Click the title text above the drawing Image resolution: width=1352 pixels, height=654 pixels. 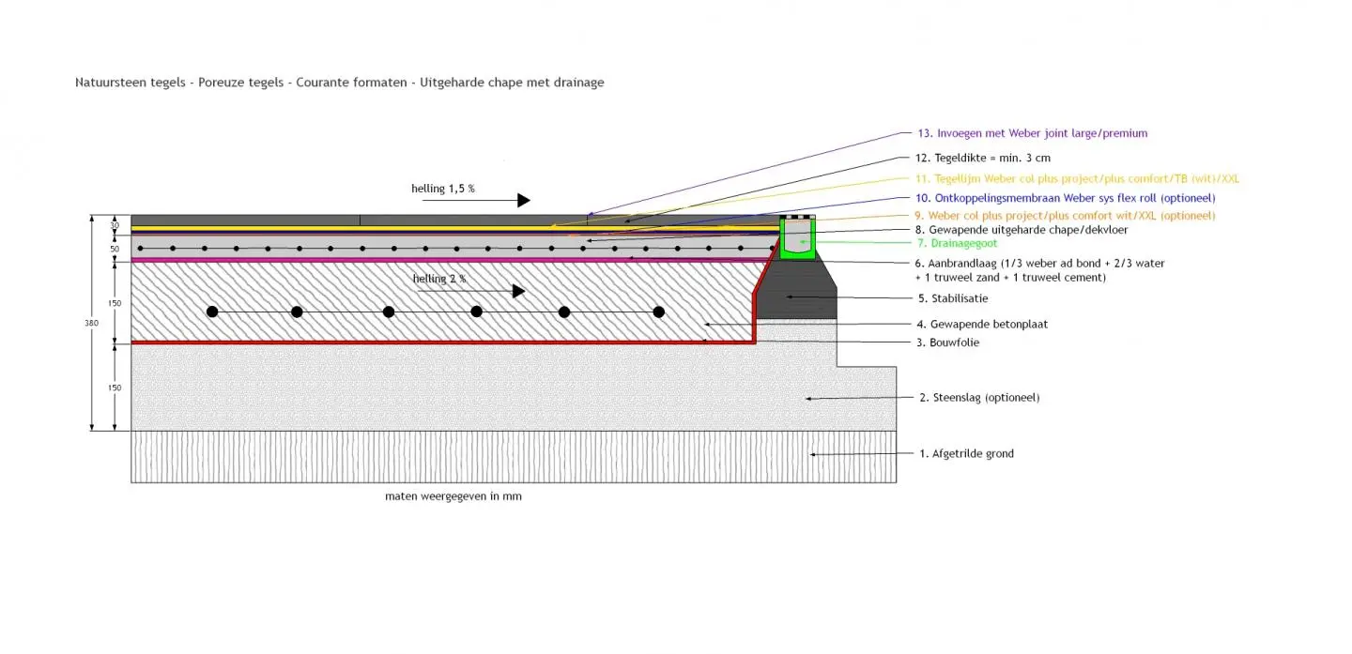pyautogui.click(x=339, y=83)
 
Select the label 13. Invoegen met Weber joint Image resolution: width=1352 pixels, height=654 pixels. pyautogui.click(x=1032, y=133)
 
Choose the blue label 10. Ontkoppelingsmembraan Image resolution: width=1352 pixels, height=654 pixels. pyautogui.click(x=1065, y=198)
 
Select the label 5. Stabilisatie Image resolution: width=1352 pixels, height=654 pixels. pyautogui.click(x=953, y=298)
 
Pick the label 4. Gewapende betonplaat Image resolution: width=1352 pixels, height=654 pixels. pyautogui.click(x=982, y=324)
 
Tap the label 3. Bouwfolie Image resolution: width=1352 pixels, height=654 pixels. pyautogui.click(x=948, y=342)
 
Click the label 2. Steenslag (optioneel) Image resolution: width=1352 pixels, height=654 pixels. pyautogui.click(x=979, y=398)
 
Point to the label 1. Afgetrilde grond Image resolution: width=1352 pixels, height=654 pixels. pyautogui.click(x=966, y=454)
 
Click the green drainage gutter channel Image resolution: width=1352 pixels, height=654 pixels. pyautogui.click(x=797, y=240)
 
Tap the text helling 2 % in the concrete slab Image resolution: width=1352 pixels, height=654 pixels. pyautogui.click(x=438, y=279)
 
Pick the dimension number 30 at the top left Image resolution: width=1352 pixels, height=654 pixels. pyautogui.click(x=115, y=226)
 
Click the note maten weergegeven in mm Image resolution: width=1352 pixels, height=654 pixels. pyautogui.click(x=453, y=496)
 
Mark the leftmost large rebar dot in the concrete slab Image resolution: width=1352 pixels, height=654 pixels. pyautogui.click(x=213, y=312)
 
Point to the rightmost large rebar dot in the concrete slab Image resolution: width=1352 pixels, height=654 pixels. pyautogui.click(x=659, y=312)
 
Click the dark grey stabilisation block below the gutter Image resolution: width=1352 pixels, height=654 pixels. pyautogui.click(x=796, y=296)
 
